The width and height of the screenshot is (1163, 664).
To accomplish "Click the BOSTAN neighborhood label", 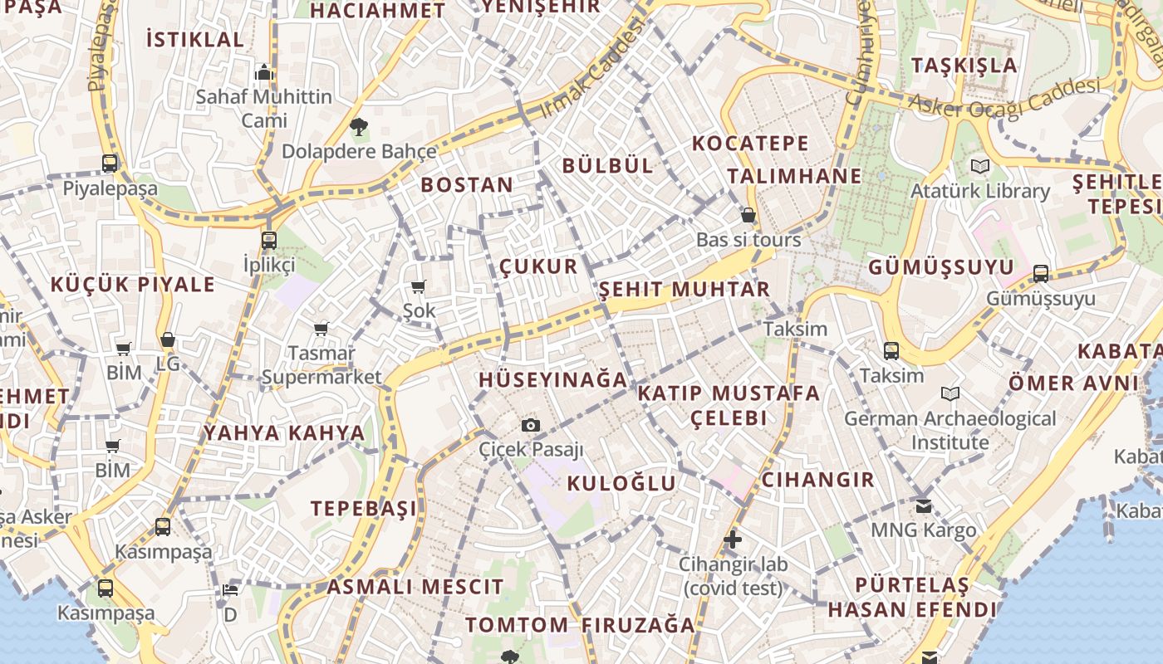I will [467, 184].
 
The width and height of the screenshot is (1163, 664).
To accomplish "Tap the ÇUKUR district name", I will [538, 266].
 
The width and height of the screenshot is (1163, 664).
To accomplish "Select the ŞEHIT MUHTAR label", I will [685, 290].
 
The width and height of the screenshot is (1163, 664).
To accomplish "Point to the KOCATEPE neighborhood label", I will [750, 143].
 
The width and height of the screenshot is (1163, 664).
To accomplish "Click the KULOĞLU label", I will [621, 483].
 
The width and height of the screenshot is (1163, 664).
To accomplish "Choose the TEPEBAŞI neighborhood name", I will [364, 508].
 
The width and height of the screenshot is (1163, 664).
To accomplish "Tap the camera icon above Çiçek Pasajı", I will [531, 426].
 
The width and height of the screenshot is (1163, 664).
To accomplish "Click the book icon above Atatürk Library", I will [980, 166].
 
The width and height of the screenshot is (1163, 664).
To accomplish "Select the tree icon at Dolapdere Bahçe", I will [359, 127].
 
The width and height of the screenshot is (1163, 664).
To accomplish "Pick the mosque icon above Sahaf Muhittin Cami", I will [264, 72].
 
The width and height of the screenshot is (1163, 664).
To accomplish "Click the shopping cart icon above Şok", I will [419, 287].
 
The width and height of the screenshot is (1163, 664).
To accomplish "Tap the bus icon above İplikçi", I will [268, 241].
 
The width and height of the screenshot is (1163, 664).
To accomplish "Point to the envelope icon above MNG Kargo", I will [923, 505].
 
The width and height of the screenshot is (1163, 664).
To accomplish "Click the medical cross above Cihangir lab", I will [731, 540].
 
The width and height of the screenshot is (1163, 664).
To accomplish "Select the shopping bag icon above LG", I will [168, 339].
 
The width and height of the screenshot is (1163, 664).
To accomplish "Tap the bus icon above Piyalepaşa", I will [110, 164].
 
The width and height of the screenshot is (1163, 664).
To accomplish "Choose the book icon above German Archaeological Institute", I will [950, 393].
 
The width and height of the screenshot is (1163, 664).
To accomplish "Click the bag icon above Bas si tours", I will [748, 216].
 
